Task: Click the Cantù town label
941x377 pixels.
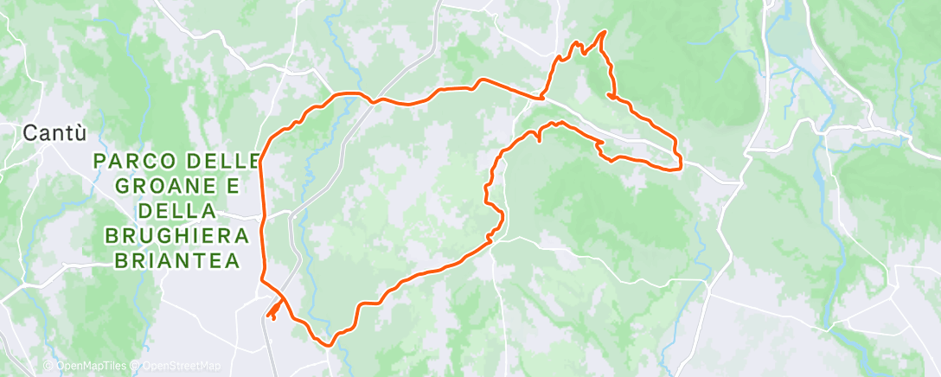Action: tap(54, 133)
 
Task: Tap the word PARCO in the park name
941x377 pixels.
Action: tap(130, 161)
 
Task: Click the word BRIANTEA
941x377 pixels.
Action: tap(176, 260)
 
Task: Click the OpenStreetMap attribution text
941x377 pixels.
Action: tap(182, 367)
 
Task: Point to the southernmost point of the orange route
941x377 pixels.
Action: tap(330, 343)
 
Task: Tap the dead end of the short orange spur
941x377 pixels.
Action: tap(269, 316)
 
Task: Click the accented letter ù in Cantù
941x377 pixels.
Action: tap(80, 133)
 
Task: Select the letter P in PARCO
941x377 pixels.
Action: tap(98, 161)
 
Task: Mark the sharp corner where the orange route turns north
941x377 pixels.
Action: tap(541, 98)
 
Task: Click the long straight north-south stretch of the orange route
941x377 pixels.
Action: tap(263, 216)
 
